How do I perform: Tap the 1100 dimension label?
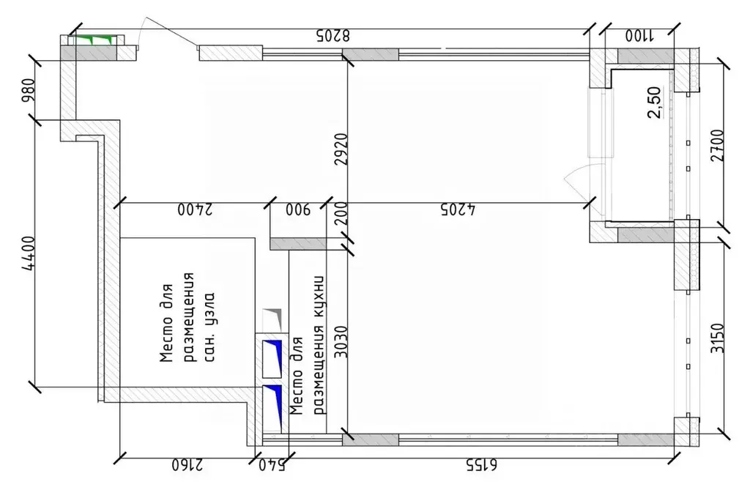[641, 34]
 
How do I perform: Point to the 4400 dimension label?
[28, 253]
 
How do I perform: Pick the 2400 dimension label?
[193, 210]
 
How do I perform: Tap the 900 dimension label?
[298, 210]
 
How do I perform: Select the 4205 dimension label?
[458, 210]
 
